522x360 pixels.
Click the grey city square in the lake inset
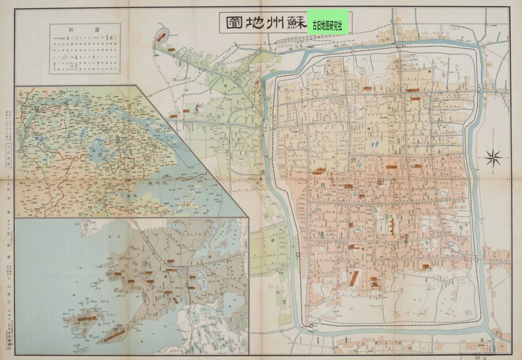click(183, 273)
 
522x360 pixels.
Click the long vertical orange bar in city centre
click(392, 226)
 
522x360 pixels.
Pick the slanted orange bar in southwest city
click(353, 279)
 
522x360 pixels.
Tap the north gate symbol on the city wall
click(399, 45)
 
